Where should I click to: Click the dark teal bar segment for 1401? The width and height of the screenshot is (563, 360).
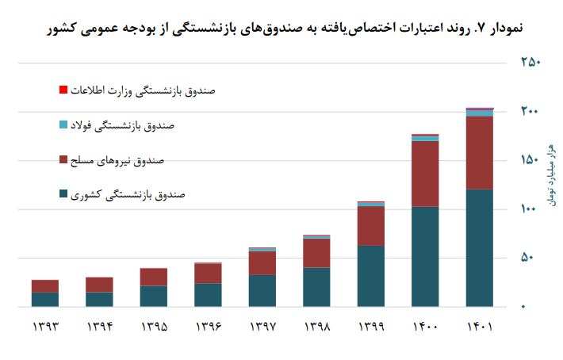[x=479, y=247]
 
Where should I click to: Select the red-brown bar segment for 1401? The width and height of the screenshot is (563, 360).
[x=479, y=152]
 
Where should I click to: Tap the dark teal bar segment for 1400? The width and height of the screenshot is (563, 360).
[x=425, y=256]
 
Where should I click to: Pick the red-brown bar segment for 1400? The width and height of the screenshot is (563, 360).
[x=425, y=174]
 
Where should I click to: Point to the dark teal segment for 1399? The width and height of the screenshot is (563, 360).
[x=371, y=276]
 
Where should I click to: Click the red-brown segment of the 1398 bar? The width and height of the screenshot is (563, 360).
[x=316, y=253]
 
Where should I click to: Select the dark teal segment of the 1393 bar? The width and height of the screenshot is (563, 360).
[x=45, y=299]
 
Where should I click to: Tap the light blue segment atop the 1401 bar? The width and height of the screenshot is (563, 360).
[x=479, y=113]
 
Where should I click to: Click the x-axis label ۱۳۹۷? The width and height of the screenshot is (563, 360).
[x=262, y=327]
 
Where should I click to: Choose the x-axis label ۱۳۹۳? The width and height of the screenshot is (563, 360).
[x=45, y=327]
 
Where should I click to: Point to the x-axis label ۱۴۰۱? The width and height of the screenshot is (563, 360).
[x=479, y=327]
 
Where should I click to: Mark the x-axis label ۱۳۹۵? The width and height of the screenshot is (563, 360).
[x=154, y=327]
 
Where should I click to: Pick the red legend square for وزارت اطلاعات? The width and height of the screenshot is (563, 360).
[x=63, y=90]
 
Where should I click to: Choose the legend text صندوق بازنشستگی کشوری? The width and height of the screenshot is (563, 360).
[x=128, y=194]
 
